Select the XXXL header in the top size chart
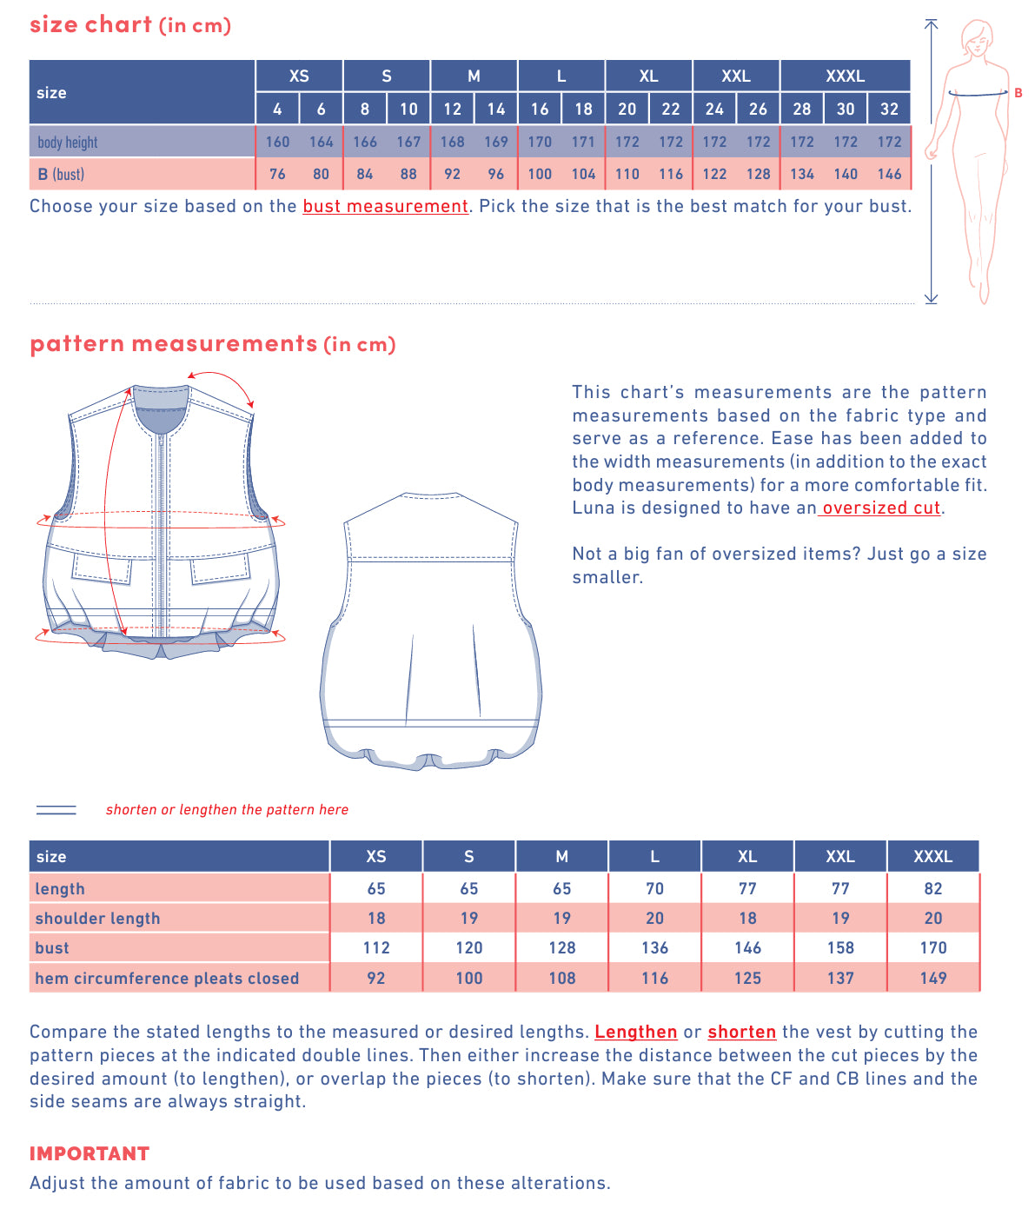point(845,76)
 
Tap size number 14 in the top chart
point(495,109)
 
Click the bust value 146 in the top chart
point(889,174)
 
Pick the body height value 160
point(277,142)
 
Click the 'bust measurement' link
point(385,206)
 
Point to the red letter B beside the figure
point(1018,93)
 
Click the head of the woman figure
point(978,37)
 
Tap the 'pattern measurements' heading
point(174,343)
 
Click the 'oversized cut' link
point(880,508)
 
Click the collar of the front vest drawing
point(162,409)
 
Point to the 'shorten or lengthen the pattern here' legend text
point(227,809)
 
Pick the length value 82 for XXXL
point(932,888)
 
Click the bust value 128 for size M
point(561,947)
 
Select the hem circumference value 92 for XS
point(375,978)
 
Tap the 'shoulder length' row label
point(97,918)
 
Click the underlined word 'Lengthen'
point(635,1032)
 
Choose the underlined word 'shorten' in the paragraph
point(741,1032)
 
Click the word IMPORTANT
point(90,1153)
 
